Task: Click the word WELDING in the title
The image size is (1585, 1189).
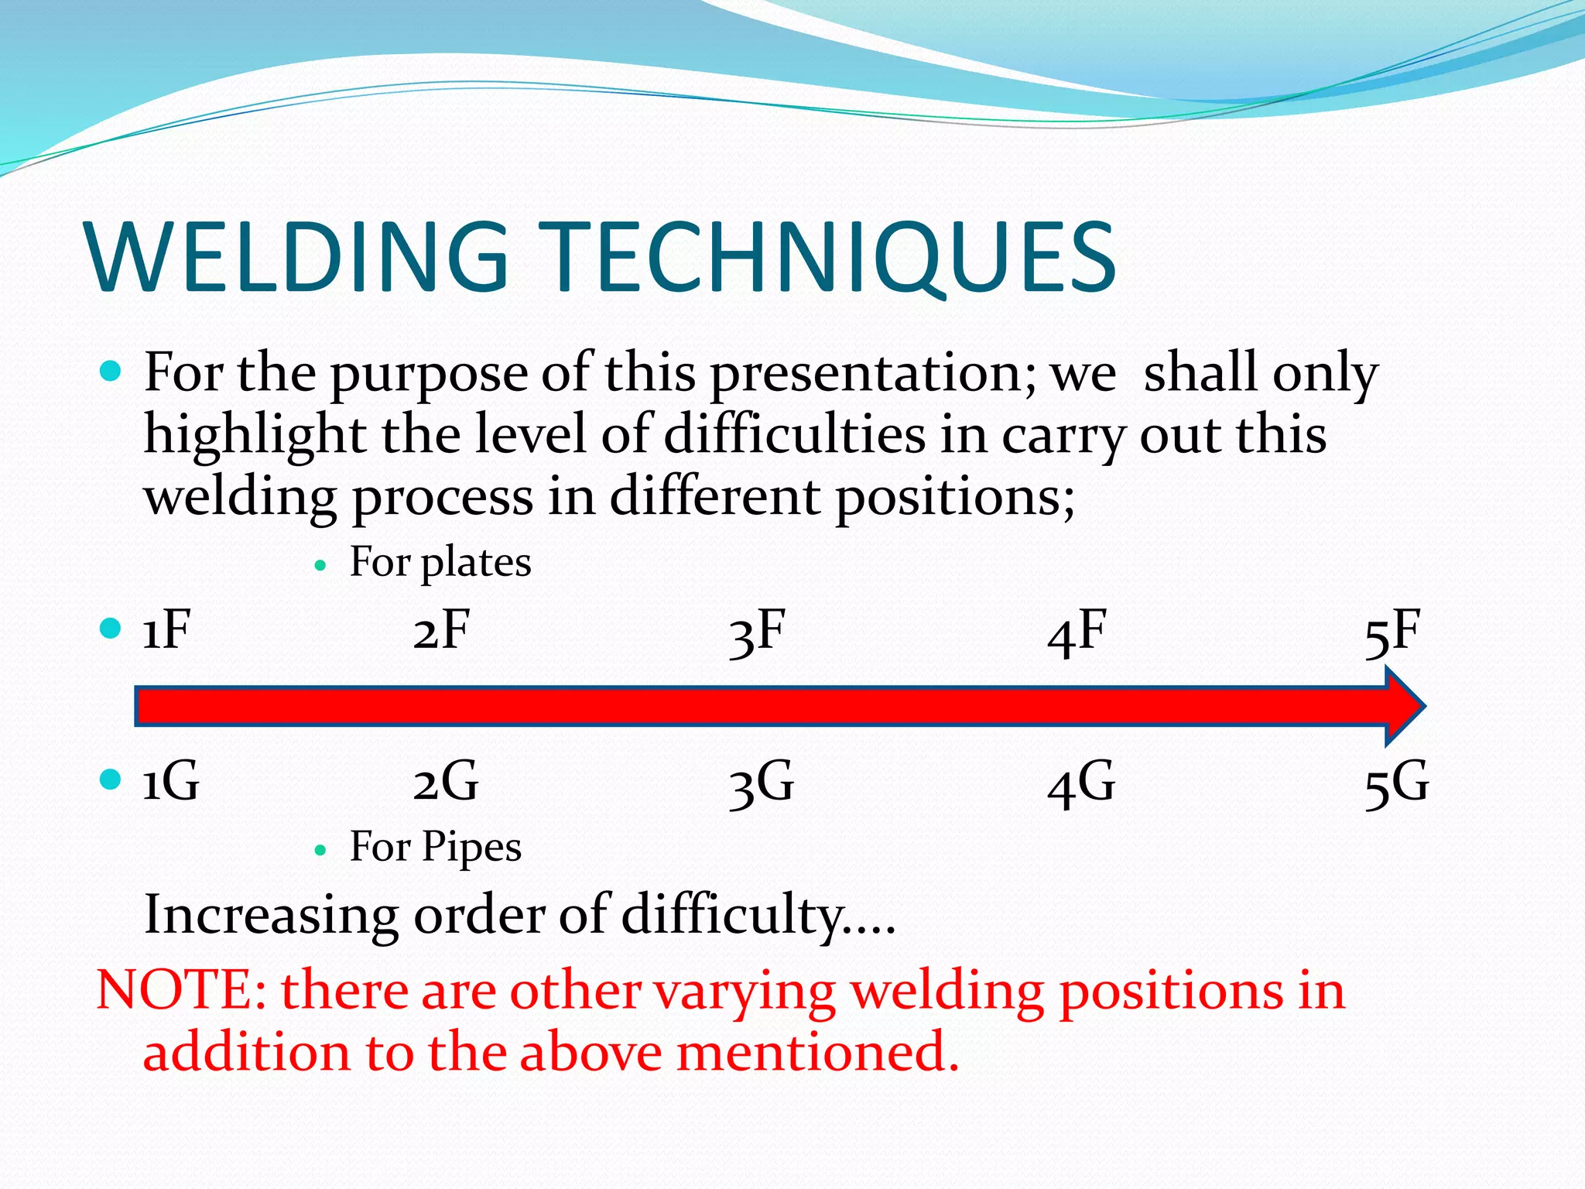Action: click(x=298, y=258)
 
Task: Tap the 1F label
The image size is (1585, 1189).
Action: click(x=166, y=631)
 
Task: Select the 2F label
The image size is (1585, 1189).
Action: click(x=441, y=631)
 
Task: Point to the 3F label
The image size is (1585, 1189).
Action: click(x=757, y=632)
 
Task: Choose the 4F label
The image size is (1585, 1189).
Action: click(x=1077, y=632)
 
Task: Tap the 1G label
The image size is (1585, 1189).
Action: click(x=171, y=782)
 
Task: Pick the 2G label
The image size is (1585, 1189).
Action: click(x=446, y=782)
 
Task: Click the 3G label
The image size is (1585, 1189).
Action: click(x=762, y=783)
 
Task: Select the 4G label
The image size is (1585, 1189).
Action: click(x=1081, y=783)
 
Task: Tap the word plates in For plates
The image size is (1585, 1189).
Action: click(x=475, y=563)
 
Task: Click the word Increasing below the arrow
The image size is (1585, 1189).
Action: click(x=271, y=916)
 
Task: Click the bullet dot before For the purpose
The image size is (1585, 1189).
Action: click(x=111, y=372)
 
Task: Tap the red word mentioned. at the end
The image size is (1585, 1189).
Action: click(x=817, y=1054)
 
